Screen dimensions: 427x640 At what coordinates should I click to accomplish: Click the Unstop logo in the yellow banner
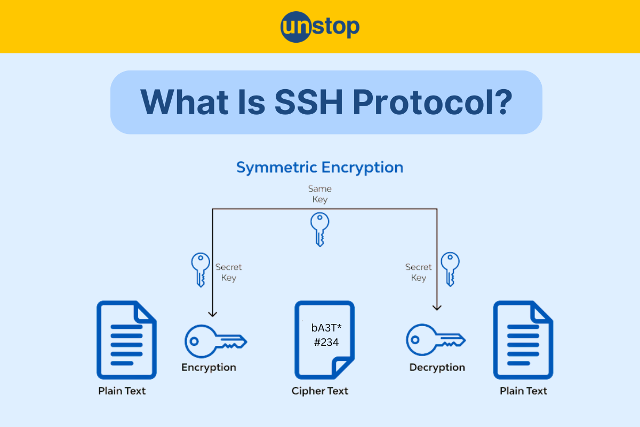(x=320, y=27)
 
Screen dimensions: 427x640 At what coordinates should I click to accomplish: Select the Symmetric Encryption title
(x=320, y=168)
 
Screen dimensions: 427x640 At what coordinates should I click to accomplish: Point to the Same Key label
(x=320, y=194)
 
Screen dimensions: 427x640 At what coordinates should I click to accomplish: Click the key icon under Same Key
(x=319, y=229)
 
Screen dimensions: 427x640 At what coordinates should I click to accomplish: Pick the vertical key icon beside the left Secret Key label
(x=200, y=270)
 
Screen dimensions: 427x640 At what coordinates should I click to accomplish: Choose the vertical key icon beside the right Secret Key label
(x=450, y=270)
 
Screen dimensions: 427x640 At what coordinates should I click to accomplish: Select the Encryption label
(x=209, y=367)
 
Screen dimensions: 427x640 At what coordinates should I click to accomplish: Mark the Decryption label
(x=437, y=367)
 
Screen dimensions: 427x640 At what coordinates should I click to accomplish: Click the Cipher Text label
(x=319, y=391)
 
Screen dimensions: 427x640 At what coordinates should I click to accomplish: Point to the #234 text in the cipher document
(x=326, y=342)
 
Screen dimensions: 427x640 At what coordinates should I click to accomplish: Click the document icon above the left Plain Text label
(x=126, y=340)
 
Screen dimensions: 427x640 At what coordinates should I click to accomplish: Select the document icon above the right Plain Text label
(x=523, y=340)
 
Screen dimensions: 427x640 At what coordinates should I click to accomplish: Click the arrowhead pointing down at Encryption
(x=213, y=313)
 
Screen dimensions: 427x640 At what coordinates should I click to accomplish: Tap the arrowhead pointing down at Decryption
(x=437, y=307)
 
